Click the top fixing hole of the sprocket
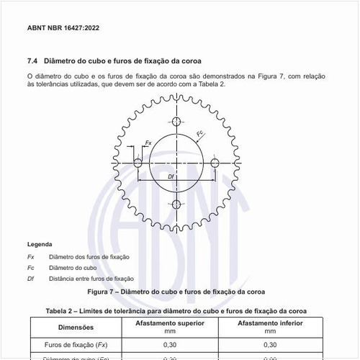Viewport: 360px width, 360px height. point(176,120)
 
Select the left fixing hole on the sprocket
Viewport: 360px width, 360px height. point(138,163)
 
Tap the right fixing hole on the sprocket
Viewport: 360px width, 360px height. point(215,163)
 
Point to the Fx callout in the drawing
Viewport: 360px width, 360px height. point(148,143)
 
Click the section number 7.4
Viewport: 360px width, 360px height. point(33,60)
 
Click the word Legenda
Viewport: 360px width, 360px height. point(40,245)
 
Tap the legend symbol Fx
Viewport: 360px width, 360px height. point(31,257)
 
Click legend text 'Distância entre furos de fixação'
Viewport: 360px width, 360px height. point(91,279)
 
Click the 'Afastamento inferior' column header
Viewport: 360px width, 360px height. point(269,323)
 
